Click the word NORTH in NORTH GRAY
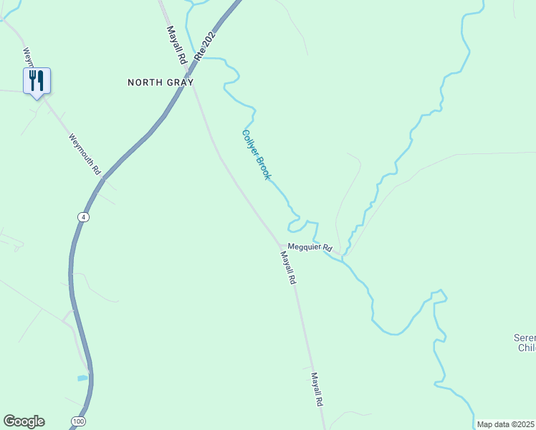145,82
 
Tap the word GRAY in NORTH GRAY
179,82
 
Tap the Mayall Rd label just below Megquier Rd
288,269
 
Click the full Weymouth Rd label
85,155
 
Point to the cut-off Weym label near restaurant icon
28,57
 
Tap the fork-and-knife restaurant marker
37,80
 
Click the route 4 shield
84,216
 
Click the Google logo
24,421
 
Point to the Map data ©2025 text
504,424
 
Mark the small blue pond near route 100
82,378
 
